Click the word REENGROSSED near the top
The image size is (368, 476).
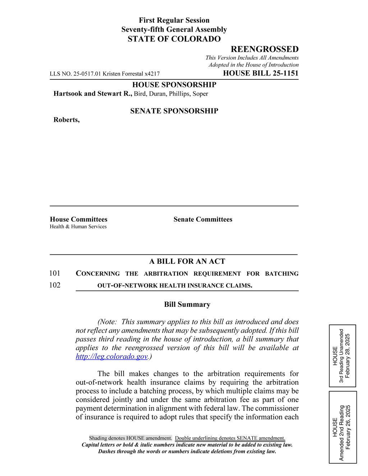tap(264, 49)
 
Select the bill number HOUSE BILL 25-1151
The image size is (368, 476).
tap(261, 73)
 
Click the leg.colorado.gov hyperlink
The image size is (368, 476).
tap(112, 356)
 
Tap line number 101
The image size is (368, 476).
tap(55, 273)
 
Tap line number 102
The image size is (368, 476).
tap(55, 285)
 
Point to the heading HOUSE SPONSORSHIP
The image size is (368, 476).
tap(174, 85)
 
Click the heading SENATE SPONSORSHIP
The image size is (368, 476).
tap(174, 111)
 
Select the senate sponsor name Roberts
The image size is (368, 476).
tap(66, 120)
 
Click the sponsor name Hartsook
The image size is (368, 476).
tap(68, 94)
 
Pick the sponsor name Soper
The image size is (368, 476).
tap(200, 94)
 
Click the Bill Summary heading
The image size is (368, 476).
tap(187, 305)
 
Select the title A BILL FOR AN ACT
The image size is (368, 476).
tap(187, 262)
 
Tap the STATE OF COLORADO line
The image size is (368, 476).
tap(174, 39)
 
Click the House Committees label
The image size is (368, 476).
tap(78, 219)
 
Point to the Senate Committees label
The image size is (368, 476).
tap(203, 219)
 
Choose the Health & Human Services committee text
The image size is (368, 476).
tap(78, 227)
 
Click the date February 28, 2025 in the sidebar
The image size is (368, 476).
tap(348, 356)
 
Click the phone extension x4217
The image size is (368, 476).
tap(152, 74)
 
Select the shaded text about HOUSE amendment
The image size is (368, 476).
tap(130, 438)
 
